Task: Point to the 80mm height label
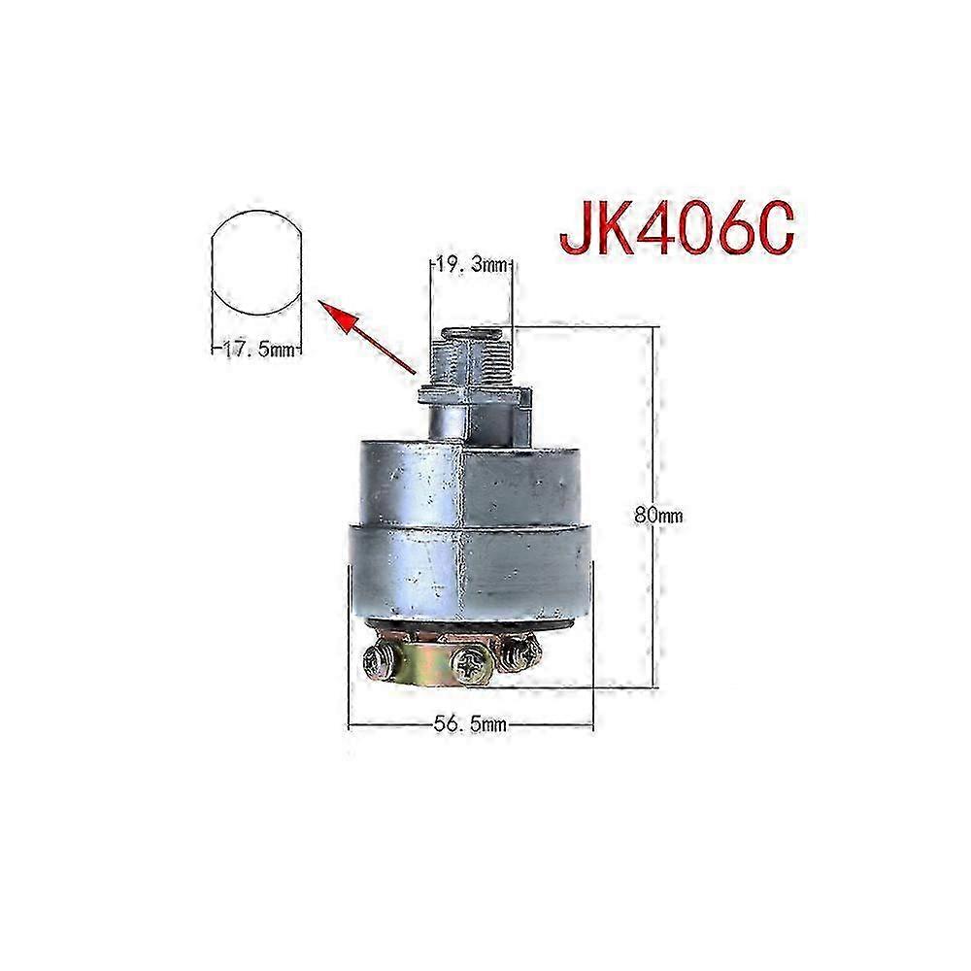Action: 658,516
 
